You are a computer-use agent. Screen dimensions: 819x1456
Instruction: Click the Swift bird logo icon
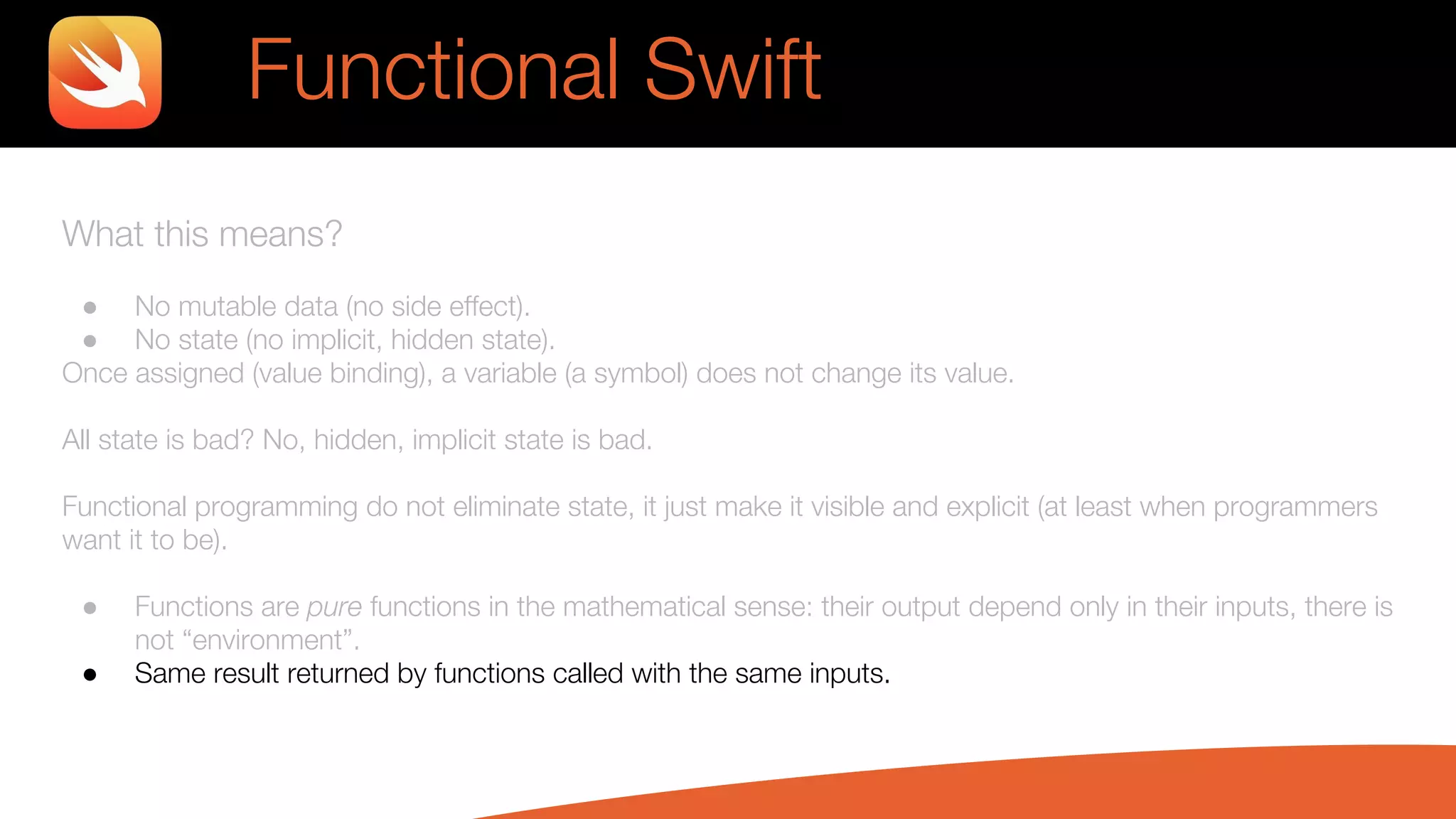point(105,73)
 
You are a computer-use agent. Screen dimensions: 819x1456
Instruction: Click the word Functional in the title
point(433,70)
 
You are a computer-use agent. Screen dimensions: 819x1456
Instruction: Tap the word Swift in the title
point(733,70)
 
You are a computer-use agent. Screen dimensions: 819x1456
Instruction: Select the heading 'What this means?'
point(202,234)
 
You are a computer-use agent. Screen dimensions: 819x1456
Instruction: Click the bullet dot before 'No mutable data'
point(90,308)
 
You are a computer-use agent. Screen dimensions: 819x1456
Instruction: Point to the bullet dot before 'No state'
point(90,341)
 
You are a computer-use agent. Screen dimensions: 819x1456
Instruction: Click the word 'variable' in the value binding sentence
point(510,373)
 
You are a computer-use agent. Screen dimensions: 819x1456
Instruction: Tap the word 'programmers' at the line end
point(1295,507)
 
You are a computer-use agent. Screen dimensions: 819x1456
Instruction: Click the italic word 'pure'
point(334,607)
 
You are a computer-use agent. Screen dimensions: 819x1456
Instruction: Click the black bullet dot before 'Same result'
point(90,675)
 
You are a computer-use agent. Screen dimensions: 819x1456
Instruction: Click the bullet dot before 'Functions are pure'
point(90,608)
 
